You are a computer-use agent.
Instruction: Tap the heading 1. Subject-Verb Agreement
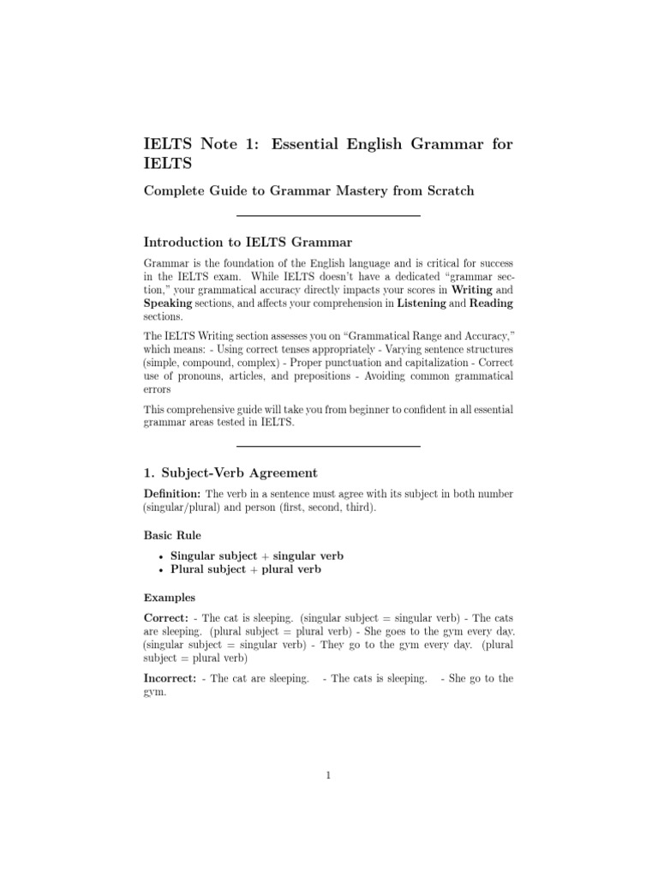pos(230,472)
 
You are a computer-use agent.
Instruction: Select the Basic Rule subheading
pos(172,534)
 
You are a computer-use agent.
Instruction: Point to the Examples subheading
pos(169,597)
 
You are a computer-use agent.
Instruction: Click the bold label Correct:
pos(167,617)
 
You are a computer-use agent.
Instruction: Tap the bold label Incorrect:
pos(171,678)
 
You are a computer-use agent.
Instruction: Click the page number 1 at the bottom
pos(328,776)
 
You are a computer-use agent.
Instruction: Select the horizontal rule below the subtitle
pos(328,215)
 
